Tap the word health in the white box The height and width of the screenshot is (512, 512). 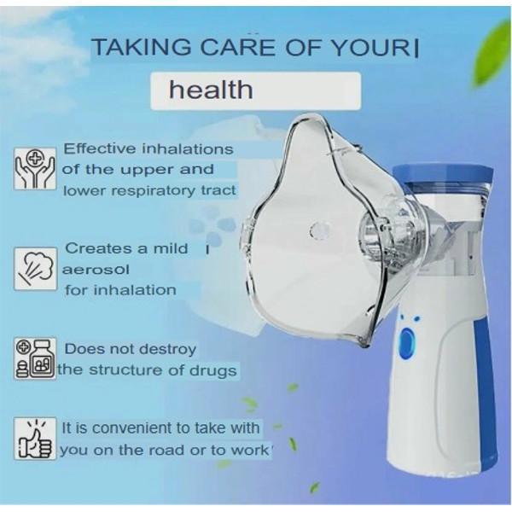(211, 90)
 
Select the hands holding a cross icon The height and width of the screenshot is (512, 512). (35, 168)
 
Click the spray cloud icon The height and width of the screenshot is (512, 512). (35, 269)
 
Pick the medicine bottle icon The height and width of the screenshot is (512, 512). (35, 358)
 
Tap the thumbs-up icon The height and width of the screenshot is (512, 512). (35, 439)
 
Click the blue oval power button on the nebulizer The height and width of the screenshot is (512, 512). (406, 344)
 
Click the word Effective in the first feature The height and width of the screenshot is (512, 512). (100, 148)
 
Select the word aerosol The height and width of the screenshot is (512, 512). (96, 270)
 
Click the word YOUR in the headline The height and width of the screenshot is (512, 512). (370, 47)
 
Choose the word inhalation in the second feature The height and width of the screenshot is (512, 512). (135, 290)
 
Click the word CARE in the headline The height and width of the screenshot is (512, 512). (238, 47)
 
